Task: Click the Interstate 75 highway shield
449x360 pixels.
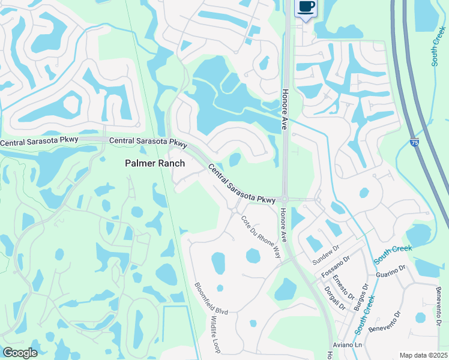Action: click(414, 142)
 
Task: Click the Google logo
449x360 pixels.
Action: click(20, 353)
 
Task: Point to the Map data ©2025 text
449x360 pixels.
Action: click(423, 355)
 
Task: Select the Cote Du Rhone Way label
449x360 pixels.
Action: click(261, 236)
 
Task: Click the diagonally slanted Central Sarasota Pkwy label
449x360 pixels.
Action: click(241, 184)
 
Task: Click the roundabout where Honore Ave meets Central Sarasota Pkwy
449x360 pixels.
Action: click(286, 199)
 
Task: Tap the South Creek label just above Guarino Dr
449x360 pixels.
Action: click(387, 254)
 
